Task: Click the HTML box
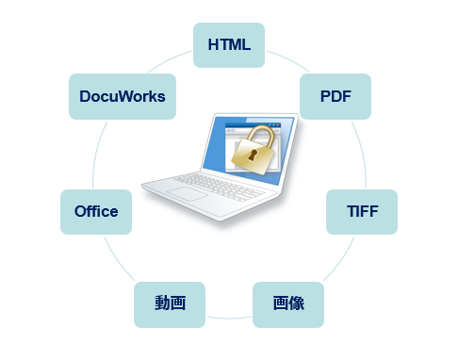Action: click(228, 45)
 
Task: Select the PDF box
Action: click(335, 95)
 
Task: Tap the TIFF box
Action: click(361, 211)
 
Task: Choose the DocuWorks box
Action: click(123, 96)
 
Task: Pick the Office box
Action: click(96, 211)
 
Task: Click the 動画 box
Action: click(170, 303)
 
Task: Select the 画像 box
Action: click(288, 303)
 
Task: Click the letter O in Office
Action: click(80, 211)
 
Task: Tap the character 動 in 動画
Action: click(162, 303)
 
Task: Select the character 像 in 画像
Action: click(296, 303)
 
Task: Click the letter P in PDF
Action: click(323, 95)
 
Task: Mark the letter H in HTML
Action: click(213, 45)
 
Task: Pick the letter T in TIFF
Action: click(347, 211)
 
